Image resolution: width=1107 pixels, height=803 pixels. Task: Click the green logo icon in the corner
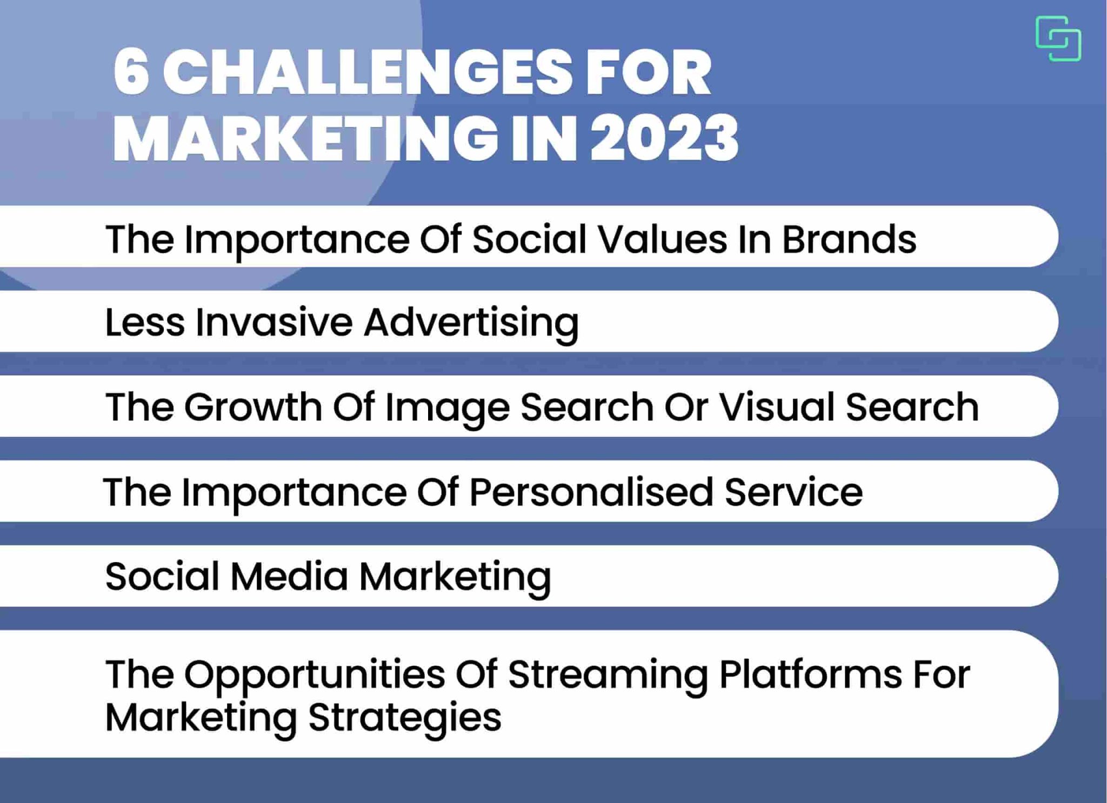(x=1058, y=38)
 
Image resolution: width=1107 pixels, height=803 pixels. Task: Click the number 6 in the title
(x=131, y=72)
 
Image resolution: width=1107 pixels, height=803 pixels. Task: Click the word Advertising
(x=471, y=323)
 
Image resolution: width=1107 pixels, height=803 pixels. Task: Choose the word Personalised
(x=591, y=492)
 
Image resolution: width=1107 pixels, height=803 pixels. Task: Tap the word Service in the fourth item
(x=793, y=491)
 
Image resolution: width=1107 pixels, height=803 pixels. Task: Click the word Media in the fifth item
(x=289, y=576)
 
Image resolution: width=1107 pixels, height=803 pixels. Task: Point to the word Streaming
(x=608, y=675)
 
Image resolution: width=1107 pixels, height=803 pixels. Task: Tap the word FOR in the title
(x=649, y=72)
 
